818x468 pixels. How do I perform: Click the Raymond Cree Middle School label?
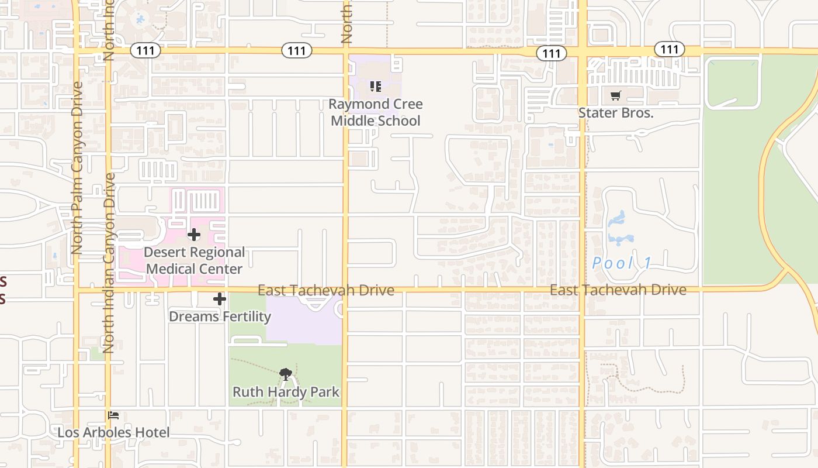(x=375, y=112)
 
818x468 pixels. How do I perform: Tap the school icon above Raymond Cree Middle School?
(x=376, y=87)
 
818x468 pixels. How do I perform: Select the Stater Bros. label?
(x=615, y=113)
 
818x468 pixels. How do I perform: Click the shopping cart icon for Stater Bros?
(x=615, y=96)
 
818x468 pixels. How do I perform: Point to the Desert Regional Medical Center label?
(x=194, y=260)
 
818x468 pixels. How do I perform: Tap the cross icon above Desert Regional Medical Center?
(x=194, y=235)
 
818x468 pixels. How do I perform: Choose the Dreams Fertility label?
(x=220, y=316)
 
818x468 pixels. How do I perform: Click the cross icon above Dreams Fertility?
(x=220, y=300)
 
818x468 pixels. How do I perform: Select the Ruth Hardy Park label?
(x=286, y=392)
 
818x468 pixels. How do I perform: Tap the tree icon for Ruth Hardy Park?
(x=286, y=374)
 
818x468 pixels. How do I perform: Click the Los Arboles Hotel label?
(x=113, y=433)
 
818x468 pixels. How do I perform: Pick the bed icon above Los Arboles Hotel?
(x=114, y=415)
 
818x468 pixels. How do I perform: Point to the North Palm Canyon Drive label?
(x=77, y=168)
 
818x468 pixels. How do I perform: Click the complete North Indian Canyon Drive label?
(x=109, y=263)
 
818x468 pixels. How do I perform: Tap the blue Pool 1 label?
(x=622, y=263)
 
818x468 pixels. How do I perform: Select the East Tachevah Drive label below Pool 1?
(x=618, y=290)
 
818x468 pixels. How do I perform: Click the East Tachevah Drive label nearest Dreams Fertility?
(x=325, y=291)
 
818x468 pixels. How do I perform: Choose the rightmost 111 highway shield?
(x=669, y=49)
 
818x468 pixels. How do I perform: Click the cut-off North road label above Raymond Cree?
(x=346, y=22)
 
